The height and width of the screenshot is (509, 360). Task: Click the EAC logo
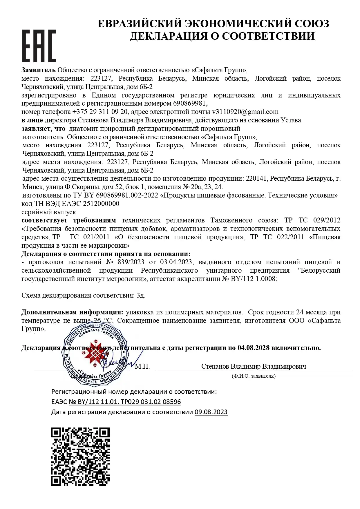point(39,46)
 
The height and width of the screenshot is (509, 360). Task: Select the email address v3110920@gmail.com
point(245,112)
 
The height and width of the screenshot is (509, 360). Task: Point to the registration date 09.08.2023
point(211,412)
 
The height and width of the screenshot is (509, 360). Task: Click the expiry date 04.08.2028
point(254,347)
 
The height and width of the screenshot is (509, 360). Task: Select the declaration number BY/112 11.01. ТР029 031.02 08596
point(125,402)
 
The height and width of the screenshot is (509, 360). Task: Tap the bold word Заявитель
point(38,70)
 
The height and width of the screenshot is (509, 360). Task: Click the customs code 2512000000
point(101,204)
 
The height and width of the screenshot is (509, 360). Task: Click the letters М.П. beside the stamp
point(142,366)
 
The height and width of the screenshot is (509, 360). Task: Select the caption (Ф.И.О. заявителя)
point(254,376)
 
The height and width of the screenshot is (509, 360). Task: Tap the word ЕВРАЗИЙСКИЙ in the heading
point(140,23)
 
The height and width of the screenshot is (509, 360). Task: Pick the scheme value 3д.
point(141,295)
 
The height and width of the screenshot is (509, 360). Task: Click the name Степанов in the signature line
point(215,366)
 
